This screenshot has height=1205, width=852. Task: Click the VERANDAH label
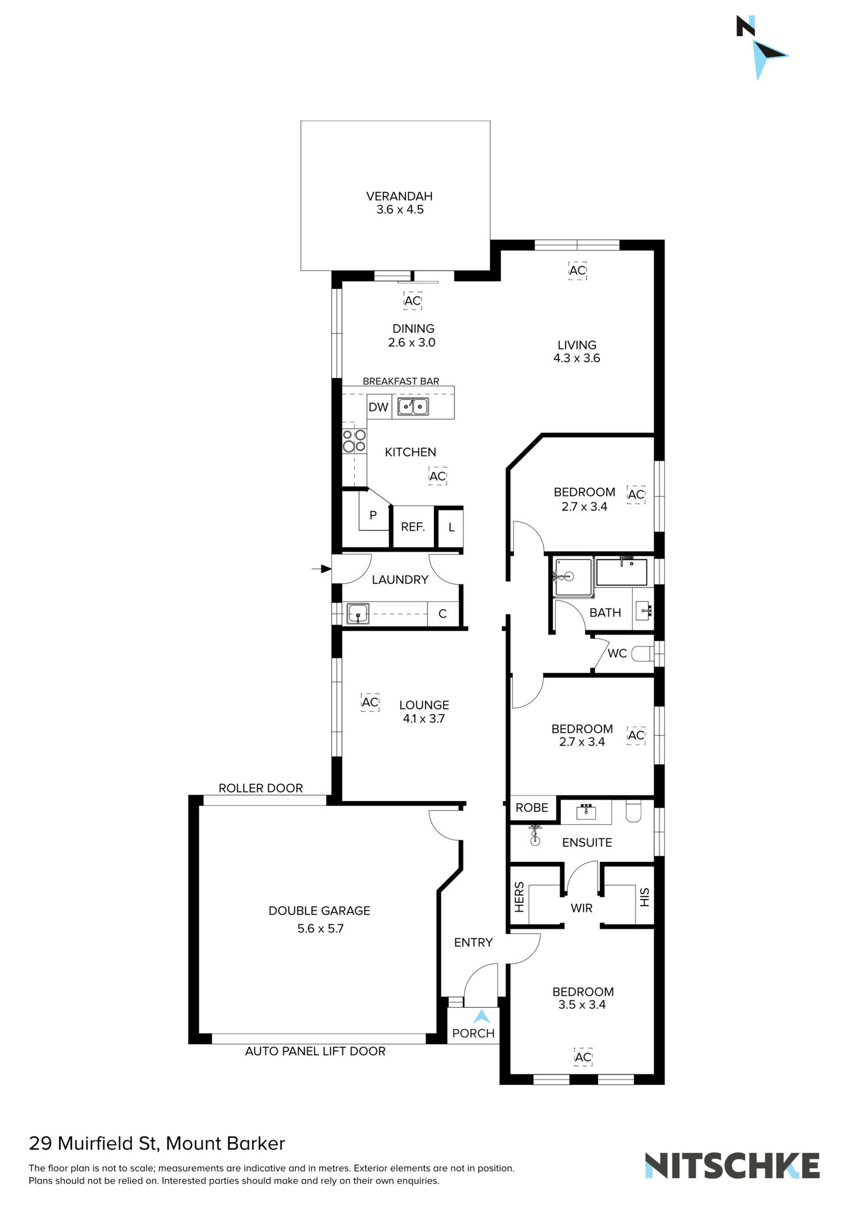(x=399, y=196)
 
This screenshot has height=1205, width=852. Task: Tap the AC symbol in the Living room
(x=577, y=270)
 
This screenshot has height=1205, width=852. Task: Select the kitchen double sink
(x=413, y=406)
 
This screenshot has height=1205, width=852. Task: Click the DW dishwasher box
(x=379, y=407)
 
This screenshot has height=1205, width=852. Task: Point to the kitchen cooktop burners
(x=354, y=441)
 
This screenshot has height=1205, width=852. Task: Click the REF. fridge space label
(x=413, y=527)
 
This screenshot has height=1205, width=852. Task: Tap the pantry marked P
(x=373, y=515)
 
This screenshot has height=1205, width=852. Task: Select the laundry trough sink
(x=358, y=614)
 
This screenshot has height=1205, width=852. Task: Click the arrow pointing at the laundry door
(x=322, y=569)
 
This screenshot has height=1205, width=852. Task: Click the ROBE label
(x=532, y=808)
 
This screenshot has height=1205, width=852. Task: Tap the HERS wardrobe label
(x=519, y=898)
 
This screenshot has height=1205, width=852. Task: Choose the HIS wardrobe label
(x=644, y=898)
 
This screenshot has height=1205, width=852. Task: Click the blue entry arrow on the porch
(x=482, y=1016)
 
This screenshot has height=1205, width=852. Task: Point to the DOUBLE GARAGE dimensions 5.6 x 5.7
(x=320, y=929)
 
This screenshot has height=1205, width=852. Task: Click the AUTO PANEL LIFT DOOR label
(x=315, y=1051)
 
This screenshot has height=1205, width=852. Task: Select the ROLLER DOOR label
(x=261, y=788)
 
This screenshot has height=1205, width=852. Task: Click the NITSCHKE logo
(x=732, y=1166)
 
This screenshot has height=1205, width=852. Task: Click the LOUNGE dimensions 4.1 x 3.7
(x=424, y=719)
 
